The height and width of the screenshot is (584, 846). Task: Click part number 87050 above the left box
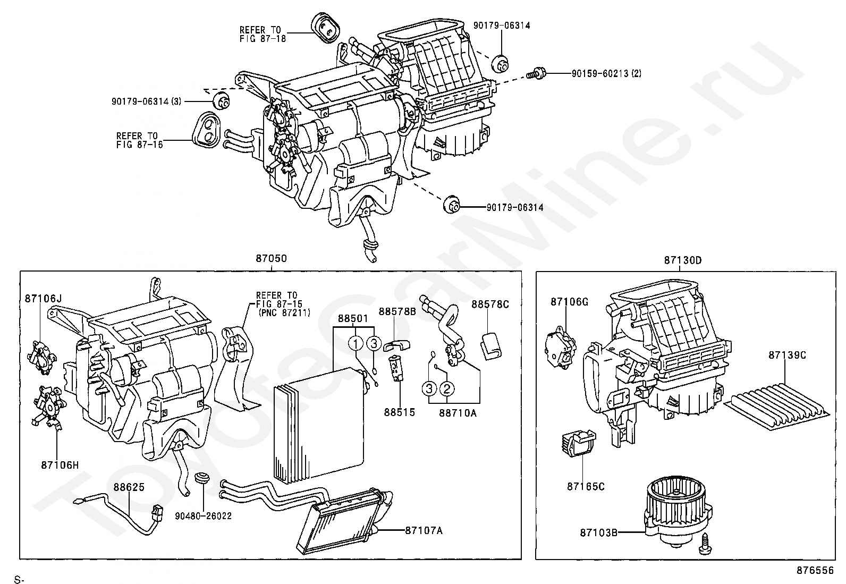tap(272, 259)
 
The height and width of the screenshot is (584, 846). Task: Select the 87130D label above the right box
tap(682, 260)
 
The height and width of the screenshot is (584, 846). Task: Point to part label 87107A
tap(424, 530)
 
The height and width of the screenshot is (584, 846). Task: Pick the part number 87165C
tap(586, 486)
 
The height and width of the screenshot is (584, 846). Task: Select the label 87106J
tap(43, 299)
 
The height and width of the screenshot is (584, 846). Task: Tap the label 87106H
tap(60, 465)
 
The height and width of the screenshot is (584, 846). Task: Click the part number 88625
tap(128, 486)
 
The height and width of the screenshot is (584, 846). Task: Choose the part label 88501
tap(353, 319)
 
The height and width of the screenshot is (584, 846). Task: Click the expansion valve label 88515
tap(400, 412)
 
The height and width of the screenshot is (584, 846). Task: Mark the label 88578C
tap(490, 304)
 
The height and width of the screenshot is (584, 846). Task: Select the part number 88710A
tap(458, 412)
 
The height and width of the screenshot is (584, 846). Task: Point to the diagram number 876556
tap(815, 570)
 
